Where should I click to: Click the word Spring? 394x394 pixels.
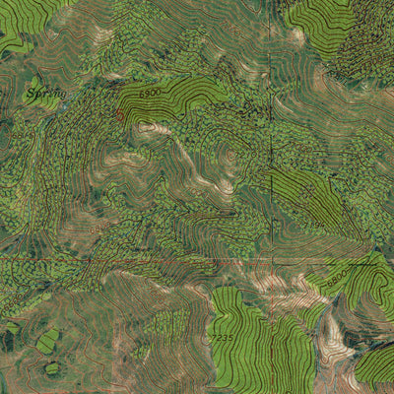(x=45, y=94)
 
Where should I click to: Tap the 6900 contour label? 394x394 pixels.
(x=150, y=92)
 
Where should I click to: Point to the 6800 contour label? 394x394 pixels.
(x=337, y=280)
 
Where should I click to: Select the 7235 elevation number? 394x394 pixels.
(x=224, y=338)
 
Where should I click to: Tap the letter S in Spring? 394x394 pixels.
(x=32, y=95)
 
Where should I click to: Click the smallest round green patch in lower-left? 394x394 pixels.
(x=51, y=367)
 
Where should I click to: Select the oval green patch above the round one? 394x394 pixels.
(x=47, y=341)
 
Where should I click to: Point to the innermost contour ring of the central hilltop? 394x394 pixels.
(x=230, y=154)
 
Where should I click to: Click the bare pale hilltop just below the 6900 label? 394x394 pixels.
(x=151, y=127)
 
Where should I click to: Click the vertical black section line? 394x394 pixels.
(x=270, y=148)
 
